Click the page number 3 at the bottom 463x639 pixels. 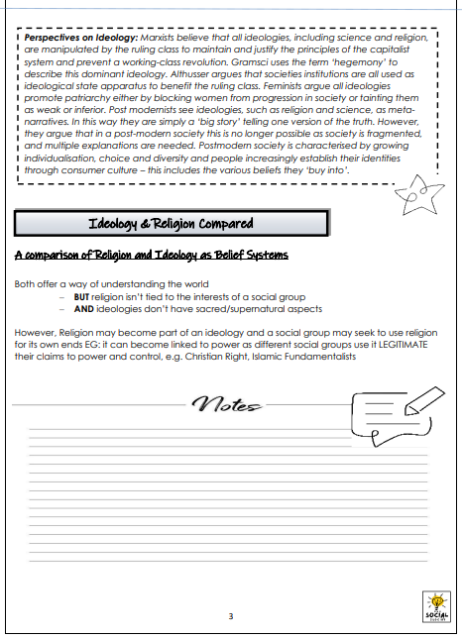click(x=231, y=617)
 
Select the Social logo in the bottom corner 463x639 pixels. click(x=435, y=606)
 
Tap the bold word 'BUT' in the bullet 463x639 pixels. click(x=81, y=297)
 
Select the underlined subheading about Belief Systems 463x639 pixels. click(x=152, y=256)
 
